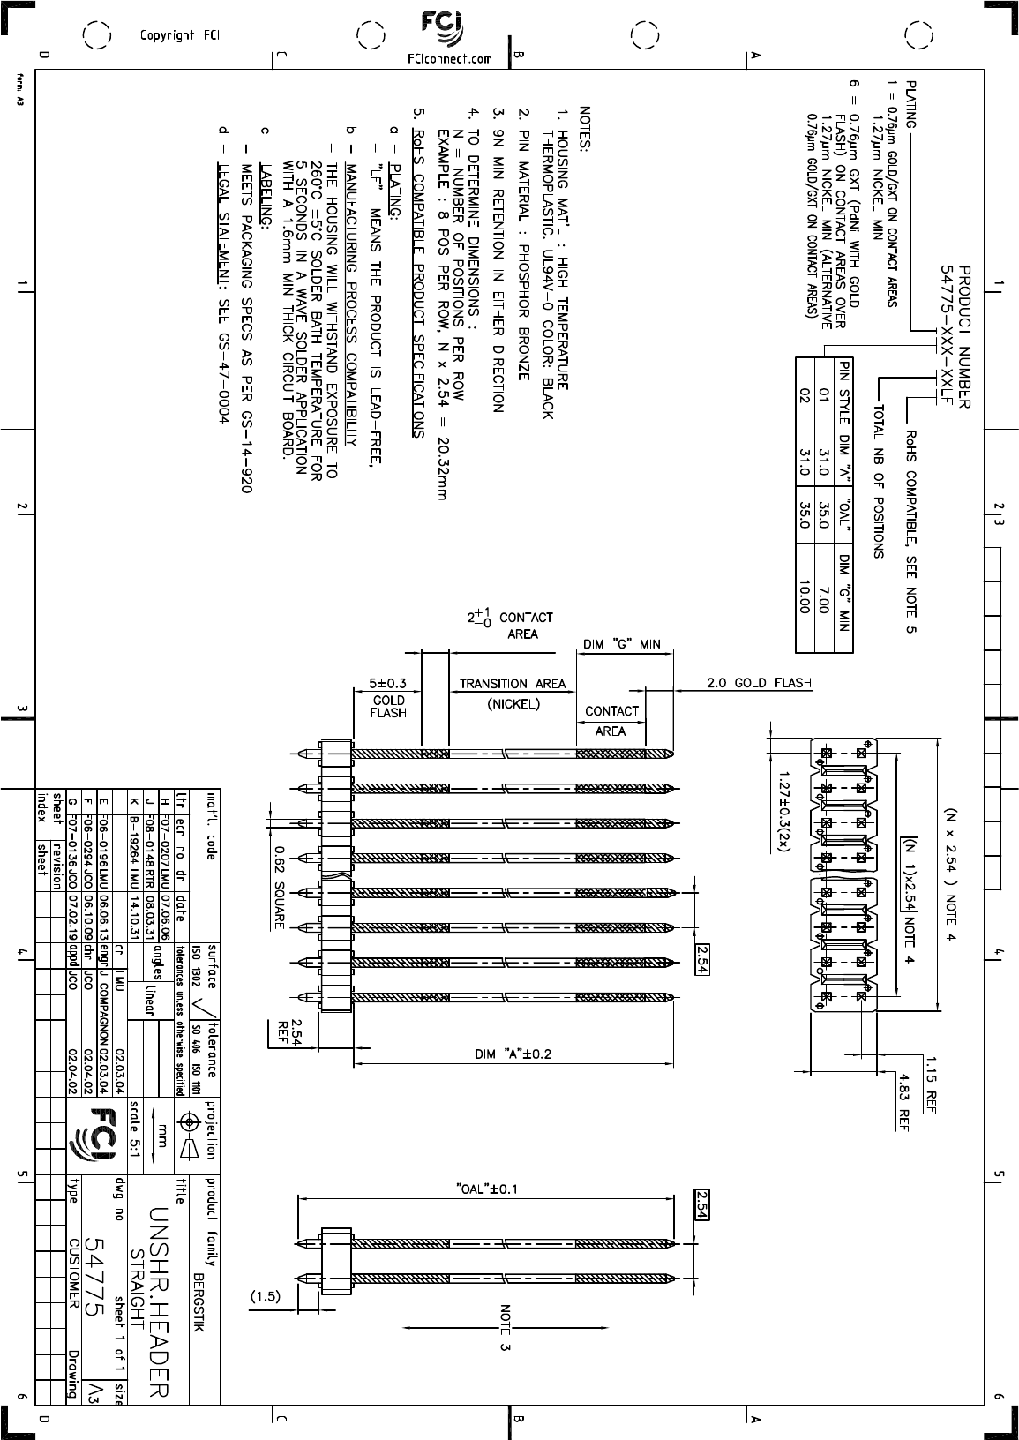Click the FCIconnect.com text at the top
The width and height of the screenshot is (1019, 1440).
pos(450,59)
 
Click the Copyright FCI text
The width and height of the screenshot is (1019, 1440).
pos(180,35)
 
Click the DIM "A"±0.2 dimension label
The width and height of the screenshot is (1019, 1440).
pos(513,1054)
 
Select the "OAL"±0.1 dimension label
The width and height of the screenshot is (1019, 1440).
pos(485,1189)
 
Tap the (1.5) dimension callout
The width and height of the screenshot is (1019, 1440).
pos(265,1297)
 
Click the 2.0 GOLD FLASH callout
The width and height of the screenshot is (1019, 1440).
pos(759,683)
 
